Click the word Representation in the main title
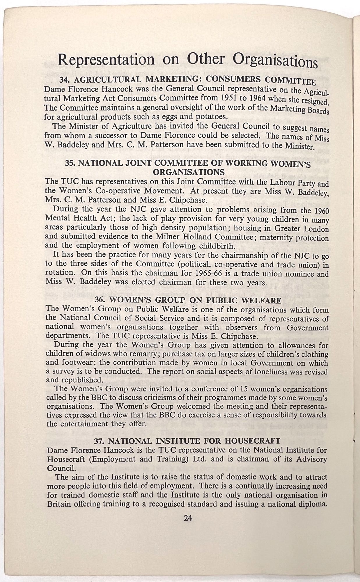pyautogui.click(x=106, y=59)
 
